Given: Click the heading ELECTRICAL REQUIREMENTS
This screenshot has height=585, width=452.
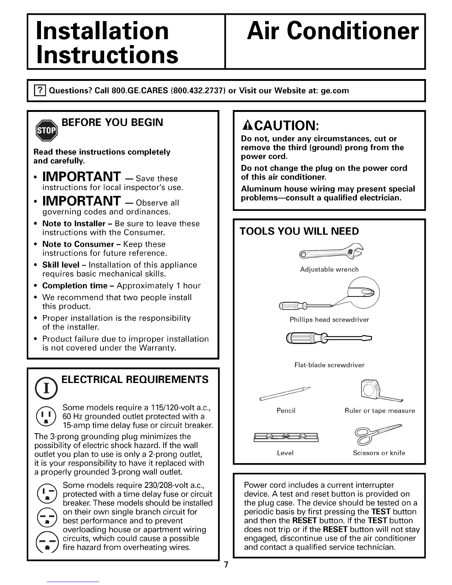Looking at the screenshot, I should point(135,380).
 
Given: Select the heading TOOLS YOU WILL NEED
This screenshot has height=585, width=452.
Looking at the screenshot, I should point(299,232).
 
